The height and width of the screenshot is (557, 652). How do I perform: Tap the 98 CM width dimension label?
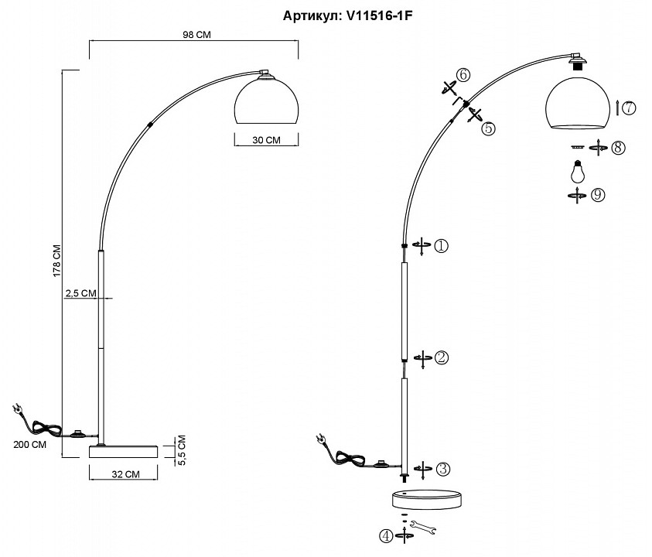pos(195,35)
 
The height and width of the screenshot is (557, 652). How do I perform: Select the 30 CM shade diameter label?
pos(265,140)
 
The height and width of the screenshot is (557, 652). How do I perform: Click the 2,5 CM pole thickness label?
pos(80,292)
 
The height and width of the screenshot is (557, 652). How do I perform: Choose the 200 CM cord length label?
pos(29,445)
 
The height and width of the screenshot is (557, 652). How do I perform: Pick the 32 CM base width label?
pos(125,473)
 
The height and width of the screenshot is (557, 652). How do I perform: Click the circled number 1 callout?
pos(440,246)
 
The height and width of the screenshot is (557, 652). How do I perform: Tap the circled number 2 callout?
pos(441,357)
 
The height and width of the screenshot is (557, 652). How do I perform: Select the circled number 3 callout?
pos(442,469)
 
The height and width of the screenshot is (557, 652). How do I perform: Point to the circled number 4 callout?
pos(384,535)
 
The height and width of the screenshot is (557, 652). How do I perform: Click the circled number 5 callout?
pos(487,128)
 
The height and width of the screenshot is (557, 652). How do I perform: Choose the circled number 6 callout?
pos(463,75)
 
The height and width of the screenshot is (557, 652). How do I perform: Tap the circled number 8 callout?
pos(617,147)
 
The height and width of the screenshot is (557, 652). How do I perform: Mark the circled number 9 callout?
pos(597,195)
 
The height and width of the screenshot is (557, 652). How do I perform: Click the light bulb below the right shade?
pos(576,169)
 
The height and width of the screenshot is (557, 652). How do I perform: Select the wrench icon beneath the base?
pos(424,528)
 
